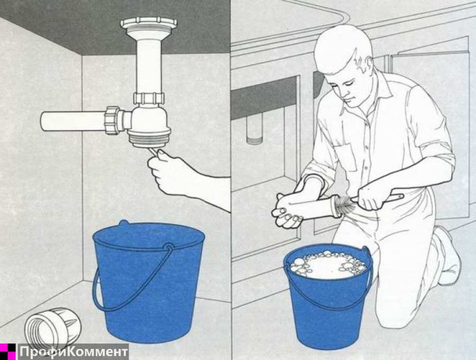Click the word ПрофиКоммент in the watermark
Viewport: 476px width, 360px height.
tap(73, 352)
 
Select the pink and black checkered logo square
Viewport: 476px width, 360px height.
tap(7, 352)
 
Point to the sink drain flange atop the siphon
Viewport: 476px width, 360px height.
tap(149, 25)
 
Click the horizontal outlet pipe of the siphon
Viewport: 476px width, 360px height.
tap(73, 122)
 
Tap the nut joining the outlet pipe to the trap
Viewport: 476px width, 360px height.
tap(113, 121)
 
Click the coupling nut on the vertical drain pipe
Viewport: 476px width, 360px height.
tap(149, 98)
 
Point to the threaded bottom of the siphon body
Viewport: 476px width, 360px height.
tap(149, 140)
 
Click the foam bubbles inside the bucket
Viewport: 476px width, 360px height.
tap(328, 265)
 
